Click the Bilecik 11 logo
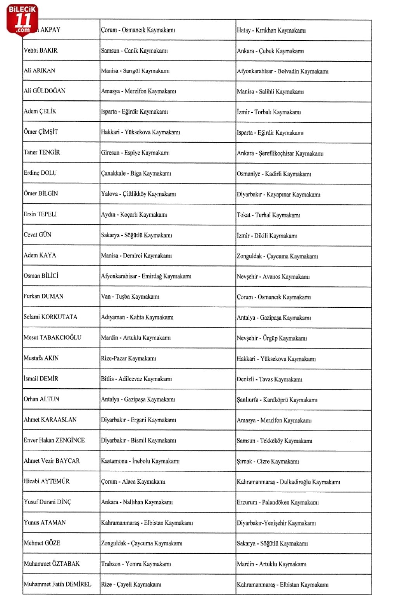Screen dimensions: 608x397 click(x=22, y=20)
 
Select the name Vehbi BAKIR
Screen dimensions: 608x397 click(x=41, y=50)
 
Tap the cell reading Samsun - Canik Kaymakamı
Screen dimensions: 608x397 click(x=134, y=50)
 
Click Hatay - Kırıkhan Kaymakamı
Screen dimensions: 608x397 click(x=271, y=30)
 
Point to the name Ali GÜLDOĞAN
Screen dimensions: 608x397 click(x=45, y=91)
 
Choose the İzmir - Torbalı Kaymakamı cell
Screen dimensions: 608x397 click(x=269, y=112)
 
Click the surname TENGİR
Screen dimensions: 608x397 click(x=50, y=152)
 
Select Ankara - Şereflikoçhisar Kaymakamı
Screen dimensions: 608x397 click(x=280, y=153)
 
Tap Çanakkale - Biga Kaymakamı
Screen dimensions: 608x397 click(x=136, y=173)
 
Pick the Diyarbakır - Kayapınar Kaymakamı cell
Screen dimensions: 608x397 click(x=278, y=195)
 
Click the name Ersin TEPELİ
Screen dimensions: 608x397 click(x=40, y=214)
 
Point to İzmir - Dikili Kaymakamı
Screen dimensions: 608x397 click(x=267, y=236)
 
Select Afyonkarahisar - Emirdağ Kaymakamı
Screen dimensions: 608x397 click(x=146, y=276)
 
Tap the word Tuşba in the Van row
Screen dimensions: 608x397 click(x=123, y=297)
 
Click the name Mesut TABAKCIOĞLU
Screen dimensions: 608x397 click(x=52, y=338)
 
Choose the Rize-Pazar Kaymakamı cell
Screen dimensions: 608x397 click(x=128, y=358)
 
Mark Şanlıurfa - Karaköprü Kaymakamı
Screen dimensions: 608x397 click(x=277, y=400)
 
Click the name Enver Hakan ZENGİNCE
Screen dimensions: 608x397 click(x=54, y=440)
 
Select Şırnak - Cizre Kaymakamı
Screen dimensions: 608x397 click(x=268, y=462)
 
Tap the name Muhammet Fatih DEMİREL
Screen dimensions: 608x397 click(x=57, y=584)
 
